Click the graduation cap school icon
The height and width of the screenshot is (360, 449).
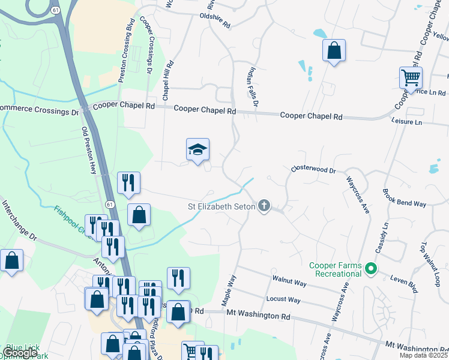tap(197, 150)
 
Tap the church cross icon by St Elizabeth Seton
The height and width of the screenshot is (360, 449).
tap(264, 206)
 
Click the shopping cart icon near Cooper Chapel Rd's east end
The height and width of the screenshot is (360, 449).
tap(411, 77)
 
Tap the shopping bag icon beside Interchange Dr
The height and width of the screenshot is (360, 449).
tap(11, 261)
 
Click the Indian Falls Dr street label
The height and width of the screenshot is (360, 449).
tap(252, 88)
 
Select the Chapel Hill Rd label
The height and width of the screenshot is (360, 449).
tap(167, 80)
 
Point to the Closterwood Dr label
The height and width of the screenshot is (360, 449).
tap(313, 170)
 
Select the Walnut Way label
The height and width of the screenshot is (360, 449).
tap(289, 280)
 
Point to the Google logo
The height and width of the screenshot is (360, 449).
tap(19, 353)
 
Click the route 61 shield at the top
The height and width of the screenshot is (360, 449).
tap(55, 11)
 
